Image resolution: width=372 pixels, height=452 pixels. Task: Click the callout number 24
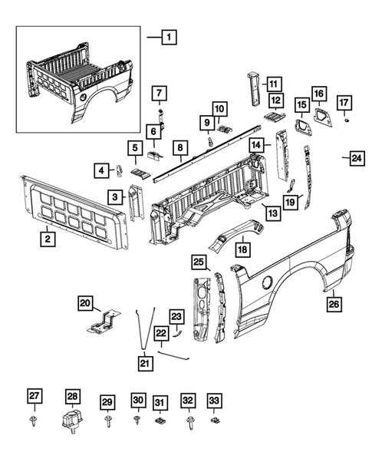[x=356, y=159]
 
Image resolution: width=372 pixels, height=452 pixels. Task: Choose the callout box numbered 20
[x=86, y=303]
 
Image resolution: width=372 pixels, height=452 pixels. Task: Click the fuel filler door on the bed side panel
[x=265, y=283]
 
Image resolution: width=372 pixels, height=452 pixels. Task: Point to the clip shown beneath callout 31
[x=160, y=421]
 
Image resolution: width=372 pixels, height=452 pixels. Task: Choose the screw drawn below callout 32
[x=188, y=421]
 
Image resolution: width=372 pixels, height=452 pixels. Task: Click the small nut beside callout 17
[x=347, y=121]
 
